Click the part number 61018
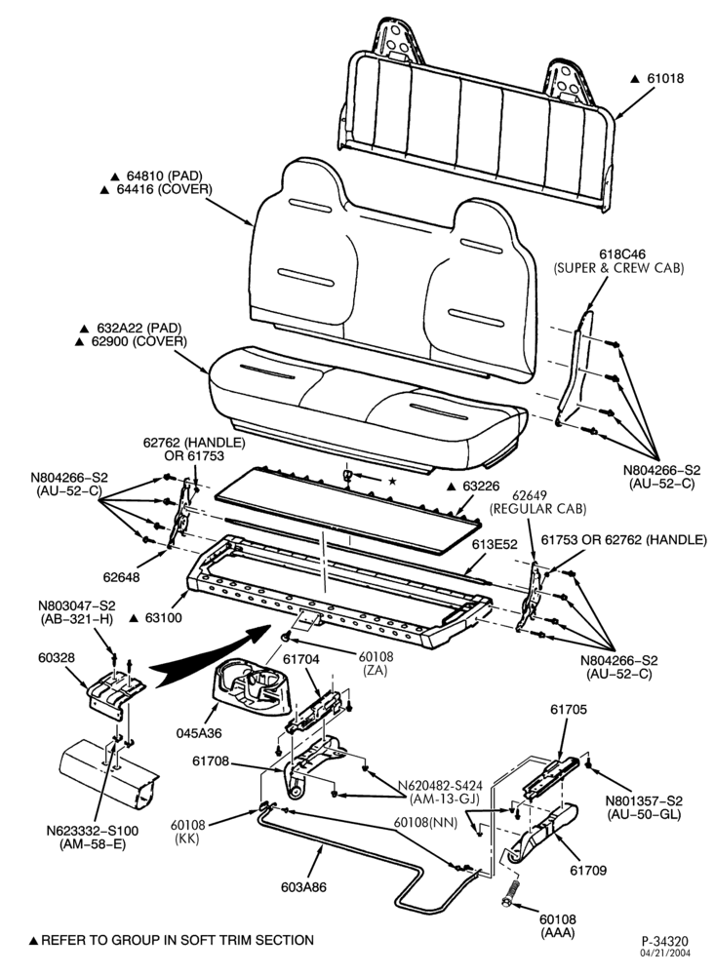pos(665,78)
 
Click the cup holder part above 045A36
pos(252,686)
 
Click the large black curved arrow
pos(212,653)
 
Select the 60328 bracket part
pos(116,692)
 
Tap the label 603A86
pos(303,887)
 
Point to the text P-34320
pos(665,941)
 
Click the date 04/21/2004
pos(665,952)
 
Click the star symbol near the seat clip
pos(392,481)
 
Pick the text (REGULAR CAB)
pos(538,509)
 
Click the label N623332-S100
pos(92,831)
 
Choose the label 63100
pos(163,618)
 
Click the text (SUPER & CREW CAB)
pos(618,268)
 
